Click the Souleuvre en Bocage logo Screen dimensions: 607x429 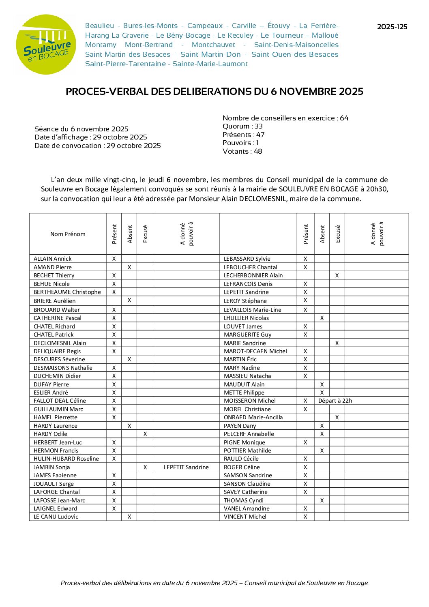(45, 45)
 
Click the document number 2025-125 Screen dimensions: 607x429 (392, 27)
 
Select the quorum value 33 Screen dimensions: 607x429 (259, 126)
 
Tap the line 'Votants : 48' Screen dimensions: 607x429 (242, 151)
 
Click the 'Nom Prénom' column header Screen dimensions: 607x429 (68, 234)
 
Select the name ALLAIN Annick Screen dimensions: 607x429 (53, 259)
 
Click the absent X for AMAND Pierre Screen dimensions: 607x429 (129, 267)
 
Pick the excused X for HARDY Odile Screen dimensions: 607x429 (145, 434)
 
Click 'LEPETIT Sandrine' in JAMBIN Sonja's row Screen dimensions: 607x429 (186, 467)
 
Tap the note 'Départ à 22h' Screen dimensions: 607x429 (335, 401)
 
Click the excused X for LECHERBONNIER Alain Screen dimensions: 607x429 (337, 275)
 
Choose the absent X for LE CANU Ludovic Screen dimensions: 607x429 (129, 517)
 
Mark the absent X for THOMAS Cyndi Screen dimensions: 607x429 (322, 500)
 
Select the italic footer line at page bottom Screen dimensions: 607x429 (214, 583)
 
